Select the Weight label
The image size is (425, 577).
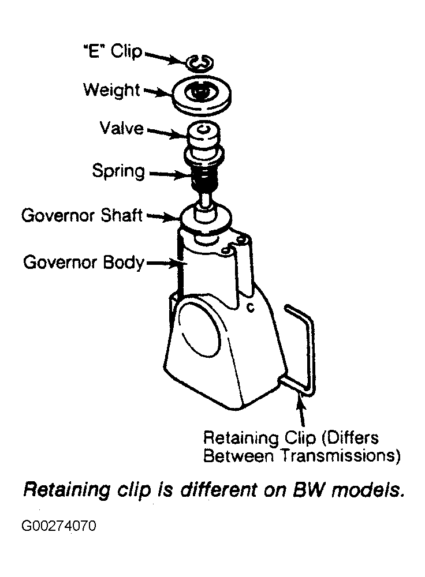pyautogui.click(x=112, y=90)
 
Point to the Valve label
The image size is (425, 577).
pyautogui.click(x=121, y=128)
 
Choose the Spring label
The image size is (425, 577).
pyautogui.click(x=118, y=171)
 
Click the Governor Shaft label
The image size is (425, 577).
pyautogui.click(x=82, y=215)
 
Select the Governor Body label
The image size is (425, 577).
pyautogui.click(x=84, y=263)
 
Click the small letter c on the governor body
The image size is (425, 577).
pyautogui.click(x=250, y=307)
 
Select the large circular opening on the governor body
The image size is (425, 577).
pyautogui.click(x=200, y=328)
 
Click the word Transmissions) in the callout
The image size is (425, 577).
pyautogui.click(x=341, y=456)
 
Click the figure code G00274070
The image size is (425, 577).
pyautogui.click(x=59, y=526)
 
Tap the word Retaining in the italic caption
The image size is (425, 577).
pyautogui.click(x=66, y=490)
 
